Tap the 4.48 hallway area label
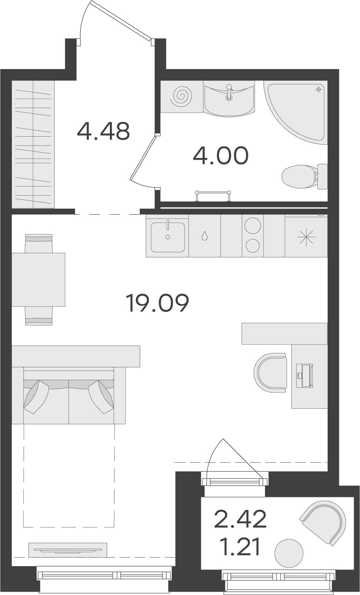103,131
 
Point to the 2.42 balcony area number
240,518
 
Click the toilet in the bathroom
304,176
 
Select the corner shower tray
295,113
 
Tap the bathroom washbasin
229,99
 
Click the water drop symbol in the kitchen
204,235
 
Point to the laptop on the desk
304,375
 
